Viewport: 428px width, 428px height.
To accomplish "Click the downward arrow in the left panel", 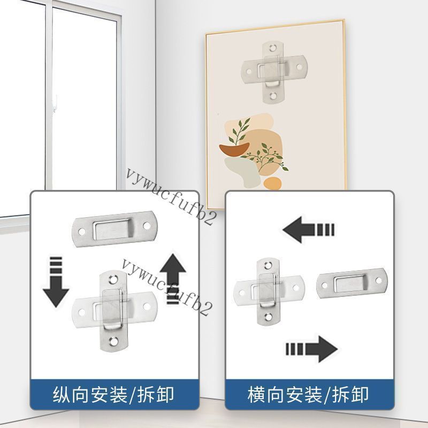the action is tap(56, 282).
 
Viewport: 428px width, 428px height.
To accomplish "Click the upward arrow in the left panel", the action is tap(173, 278).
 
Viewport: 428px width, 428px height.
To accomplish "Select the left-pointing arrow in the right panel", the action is tap(309, 230).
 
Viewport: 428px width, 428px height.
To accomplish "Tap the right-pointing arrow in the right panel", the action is tap(312, 349).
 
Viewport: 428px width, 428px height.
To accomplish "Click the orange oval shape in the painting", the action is tap(272, 184).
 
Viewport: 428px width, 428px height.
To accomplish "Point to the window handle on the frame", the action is tap(56, 104).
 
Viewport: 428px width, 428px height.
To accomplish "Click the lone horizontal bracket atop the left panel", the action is tap(114, 230).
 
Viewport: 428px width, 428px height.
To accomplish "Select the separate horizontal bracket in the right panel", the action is tap(352, 283).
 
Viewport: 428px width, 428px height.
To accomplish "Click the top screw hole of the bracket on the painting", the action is tap(272, 48).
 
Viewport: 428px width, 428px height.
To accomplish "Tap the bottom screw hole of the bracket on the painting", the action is tap(273, 96).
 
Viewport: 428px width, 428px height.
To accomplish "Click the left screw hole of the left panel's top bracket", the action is tap(82, 232).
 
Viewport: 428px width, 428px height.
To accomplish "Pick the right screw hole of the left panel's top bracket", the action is tap(147, 226).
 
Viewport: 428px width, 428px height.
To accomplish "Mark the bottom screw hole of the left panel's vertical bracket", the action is tap(113, 341).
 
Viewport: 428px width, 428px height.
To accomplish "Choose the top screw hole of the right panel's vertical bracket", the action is tap(269, 265).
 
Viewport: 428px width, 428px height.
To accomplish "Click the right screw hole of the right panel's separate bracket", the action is tap(379, 280).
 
